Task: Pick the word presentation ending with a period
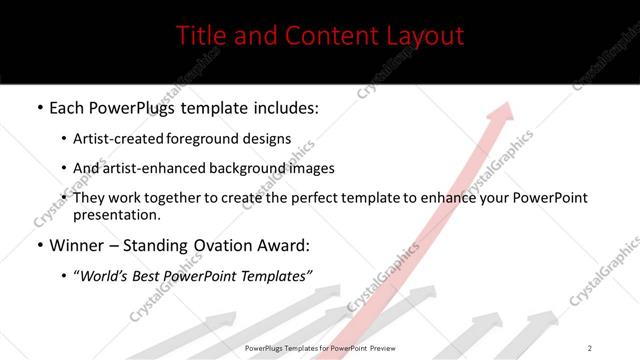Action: pyautogui.click(x=116, y=214)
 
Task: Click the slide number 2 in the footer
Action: pyautogui.click(x=589, y=348)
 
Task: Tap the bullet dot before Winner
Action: pyautogui.click(x=39, y=245)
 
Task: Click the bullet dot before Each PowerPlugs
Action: pyautogui.click(x=39, y=106)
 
